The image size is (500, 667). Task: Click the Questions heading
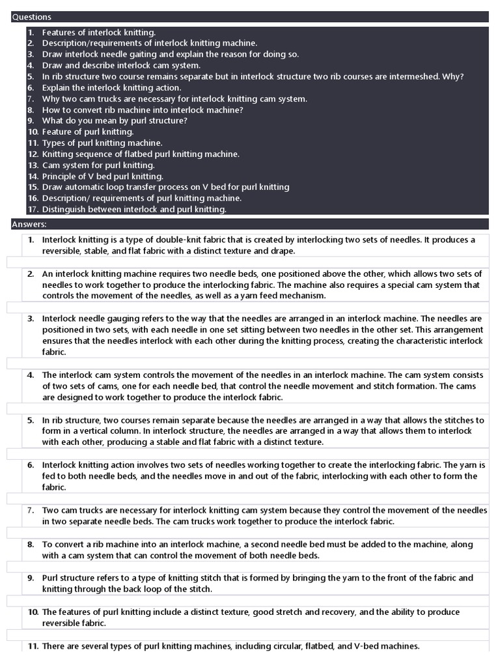coord(31,17)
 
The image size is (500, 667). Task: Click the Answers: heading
coord(29,225)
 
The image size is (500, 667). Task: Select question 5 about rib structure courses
coord(253,76)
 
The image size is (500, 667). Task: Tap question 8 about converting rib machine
coord(143,109)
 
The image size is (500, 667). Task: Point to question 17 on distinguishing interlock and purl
coord(134,209)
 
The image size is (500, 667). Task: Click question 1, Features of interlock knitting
coord(99,32)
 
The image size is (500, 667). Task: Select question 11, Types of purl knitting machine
coord(102,143)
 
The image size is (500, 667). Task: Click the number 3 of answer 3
coord(31,319)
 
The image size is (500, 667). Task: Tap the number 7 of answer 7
coord(31,510)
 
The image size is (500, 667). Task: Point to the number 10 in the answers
coord(33,612)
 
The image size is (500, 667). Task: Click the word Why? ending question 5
coord(452,76)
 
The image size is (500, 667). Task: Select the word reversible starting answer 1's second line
coord(62,251)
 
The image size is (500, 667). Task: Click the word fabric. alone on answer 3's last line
coord(54,352)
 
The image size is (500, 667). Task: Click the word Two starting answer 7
coord(50,510)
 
